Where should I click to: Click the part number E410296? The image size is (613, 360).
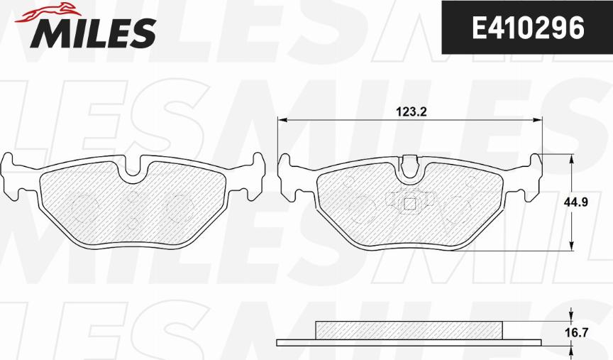tap(528, 28)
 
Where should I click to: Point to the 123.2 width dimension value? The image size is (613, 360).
tap(412, 112)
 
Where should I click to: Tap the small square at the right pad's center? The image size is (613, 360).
tap(409, 204)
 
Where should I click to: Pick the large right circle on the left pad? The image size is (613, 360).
tap(180, 208)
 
